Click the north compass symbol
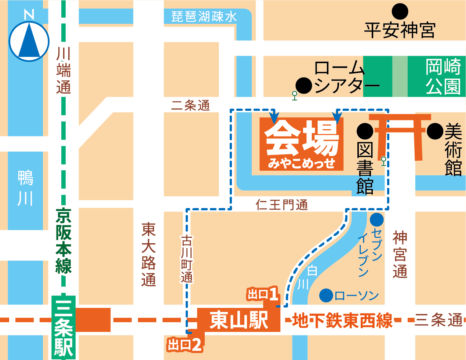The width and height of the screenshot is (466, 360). coord(29,41)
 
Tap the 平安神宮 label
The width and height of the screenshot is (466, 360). coord(400,30)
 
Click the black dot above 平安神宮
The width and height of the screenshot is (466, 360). coord(400,12)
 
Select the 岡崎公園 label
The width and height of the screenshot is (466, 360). coord(443,77)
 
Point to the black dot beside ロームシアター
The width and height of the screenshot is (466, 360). coord(304,86)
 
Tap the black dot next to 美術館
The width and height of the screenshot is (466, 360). coord(435,131)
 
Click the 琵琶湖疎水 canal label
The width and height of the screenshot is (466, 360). coord(204,17)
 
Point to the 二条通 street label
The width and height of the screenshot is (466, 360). coord(190,106)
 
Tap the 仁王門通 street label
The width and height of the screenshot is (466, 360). coord(282,205)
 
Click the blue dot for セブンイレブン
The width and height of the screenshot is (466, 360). coord(376,220)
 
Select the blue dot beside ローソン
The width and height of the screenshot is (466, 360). coord(326,295)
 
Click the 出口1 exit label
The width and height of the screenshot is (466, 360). coord(263,294)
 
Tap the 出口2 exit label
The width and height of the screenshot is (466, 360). coord(184,345)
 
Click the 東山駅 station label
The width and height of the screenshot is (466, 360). coord(239,320)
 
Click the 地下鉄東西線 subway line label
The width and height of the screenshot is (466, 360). coord(342,320)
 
